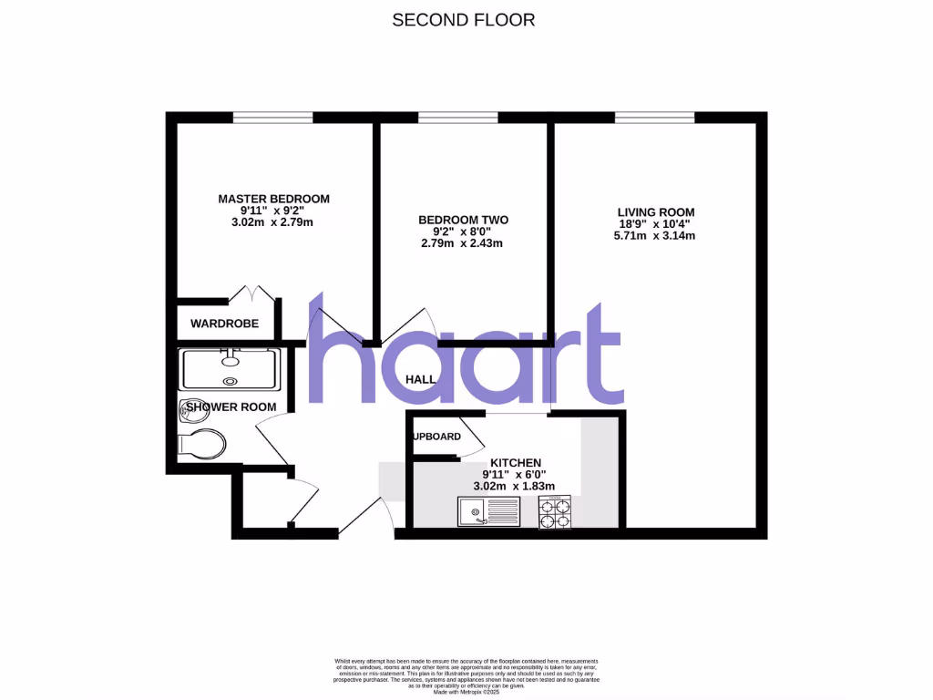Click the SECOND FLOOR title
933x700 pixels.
[x=463, y=19]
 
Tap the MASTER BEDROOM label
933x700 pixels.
[x=273, y=199]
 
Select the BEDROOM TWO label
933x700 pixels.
[x=463, y=220]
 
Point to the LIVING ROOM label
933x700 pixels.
[x=656, y=212]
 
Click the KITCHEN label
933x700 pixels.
[x=516, y=462]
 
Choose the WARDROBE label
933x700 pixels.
[x=224, y=324]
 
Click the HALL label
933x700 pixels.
[x=421, y=379]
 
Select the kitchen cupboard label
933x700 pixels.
[x=437, y=437]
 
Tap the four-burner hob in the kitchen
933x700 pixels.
[x=554, y=512]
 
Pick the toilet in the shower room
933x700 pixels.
[x=202, y=445]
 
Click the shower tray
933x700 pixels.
[x=232, y=368]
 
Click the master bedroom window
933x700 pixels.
[x=272, y=117]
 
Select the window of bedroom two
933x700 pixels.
[x=457, y=117]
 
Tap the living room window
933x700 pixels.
[x=654, y=117]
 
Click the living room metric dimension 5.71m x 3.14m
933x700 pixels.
[x=656, y=236]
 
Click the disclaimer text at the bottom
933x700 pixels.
[x=466, y=672]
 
